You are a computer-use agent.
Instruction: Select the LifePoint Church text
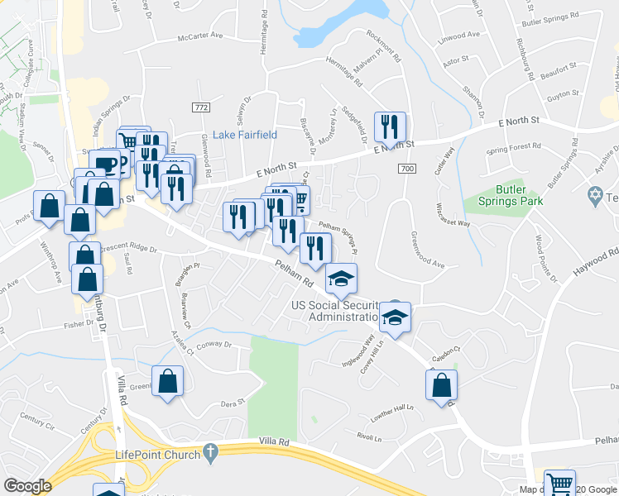pos(157,455)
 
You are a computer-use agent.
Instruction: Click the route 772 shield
pos(200,108)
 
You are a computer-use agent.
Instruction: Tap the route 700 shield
pos(405,169)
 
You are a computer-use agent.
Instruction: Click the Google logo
pos(27,486)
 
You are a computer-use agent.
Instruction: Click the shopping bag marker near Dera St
pos(167,383)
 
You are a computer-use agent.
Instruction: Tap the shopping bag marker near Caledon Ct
pos(442,385)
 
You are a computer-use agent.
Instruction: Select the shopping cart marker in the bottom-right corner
pos(559,483)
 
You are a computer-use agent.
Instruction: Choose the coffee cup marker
pos(104,164)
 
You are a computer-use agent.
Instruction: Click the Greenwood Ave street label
pos(427,249)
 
